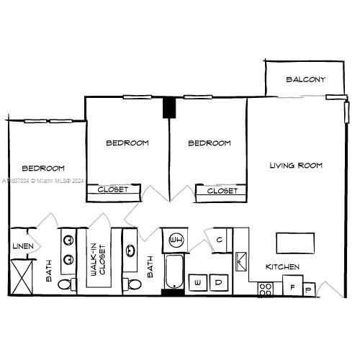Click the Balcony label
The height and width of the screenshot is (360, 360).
coord(306,79)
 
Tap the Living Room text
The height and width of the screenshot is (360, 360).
coord(296,166)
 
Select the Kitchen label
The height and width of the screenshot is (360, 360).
coord(282,267)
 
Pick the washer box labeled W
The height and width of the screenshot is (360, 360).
coord(198,283)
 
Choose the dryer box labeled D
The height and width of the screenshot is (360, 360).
coord(219,283)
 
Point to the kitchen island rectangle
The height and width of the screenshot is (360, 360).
coord(296,243)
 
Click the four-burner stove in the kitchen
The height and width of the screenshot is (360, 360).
coord(266,289)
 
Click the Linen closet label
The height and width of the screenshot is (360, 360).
coord(20,246)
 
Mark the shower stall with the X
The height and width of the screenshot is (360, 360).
coord(22,276)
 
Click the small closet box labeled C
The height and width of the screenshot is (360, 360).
coord(218,238)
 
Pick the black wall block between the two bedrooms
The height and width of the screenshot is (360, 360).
coord(169,107)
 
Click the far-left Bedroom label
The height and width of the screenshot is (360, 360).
coord(42,167)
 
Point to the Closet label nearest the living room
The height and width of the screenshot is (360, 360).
coord(222,191)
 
